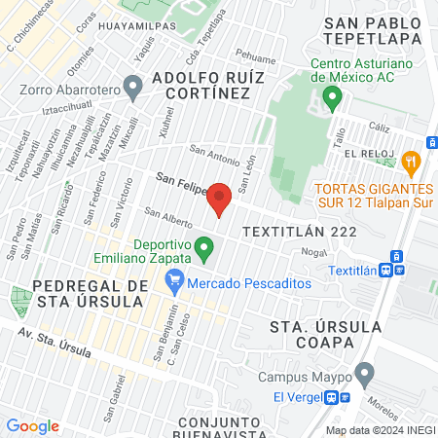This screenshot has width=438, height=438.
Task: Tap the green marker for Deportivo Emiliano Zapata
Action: click(x=204, y=249)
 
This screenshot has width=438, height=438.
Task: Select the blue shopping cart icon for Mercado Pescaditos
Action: click(x=175, y=282)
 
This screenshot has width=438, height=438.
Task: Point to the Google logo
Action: click(x=32, y=425)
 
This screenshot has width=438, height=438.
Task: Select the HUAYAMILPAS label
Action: click(x=142, y=31)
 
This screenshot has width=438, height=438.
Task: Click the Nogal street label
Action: click(x=312, y=251)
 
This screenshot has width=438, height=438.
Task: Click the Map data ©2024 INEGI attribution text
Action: click(x=381, y=430)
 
